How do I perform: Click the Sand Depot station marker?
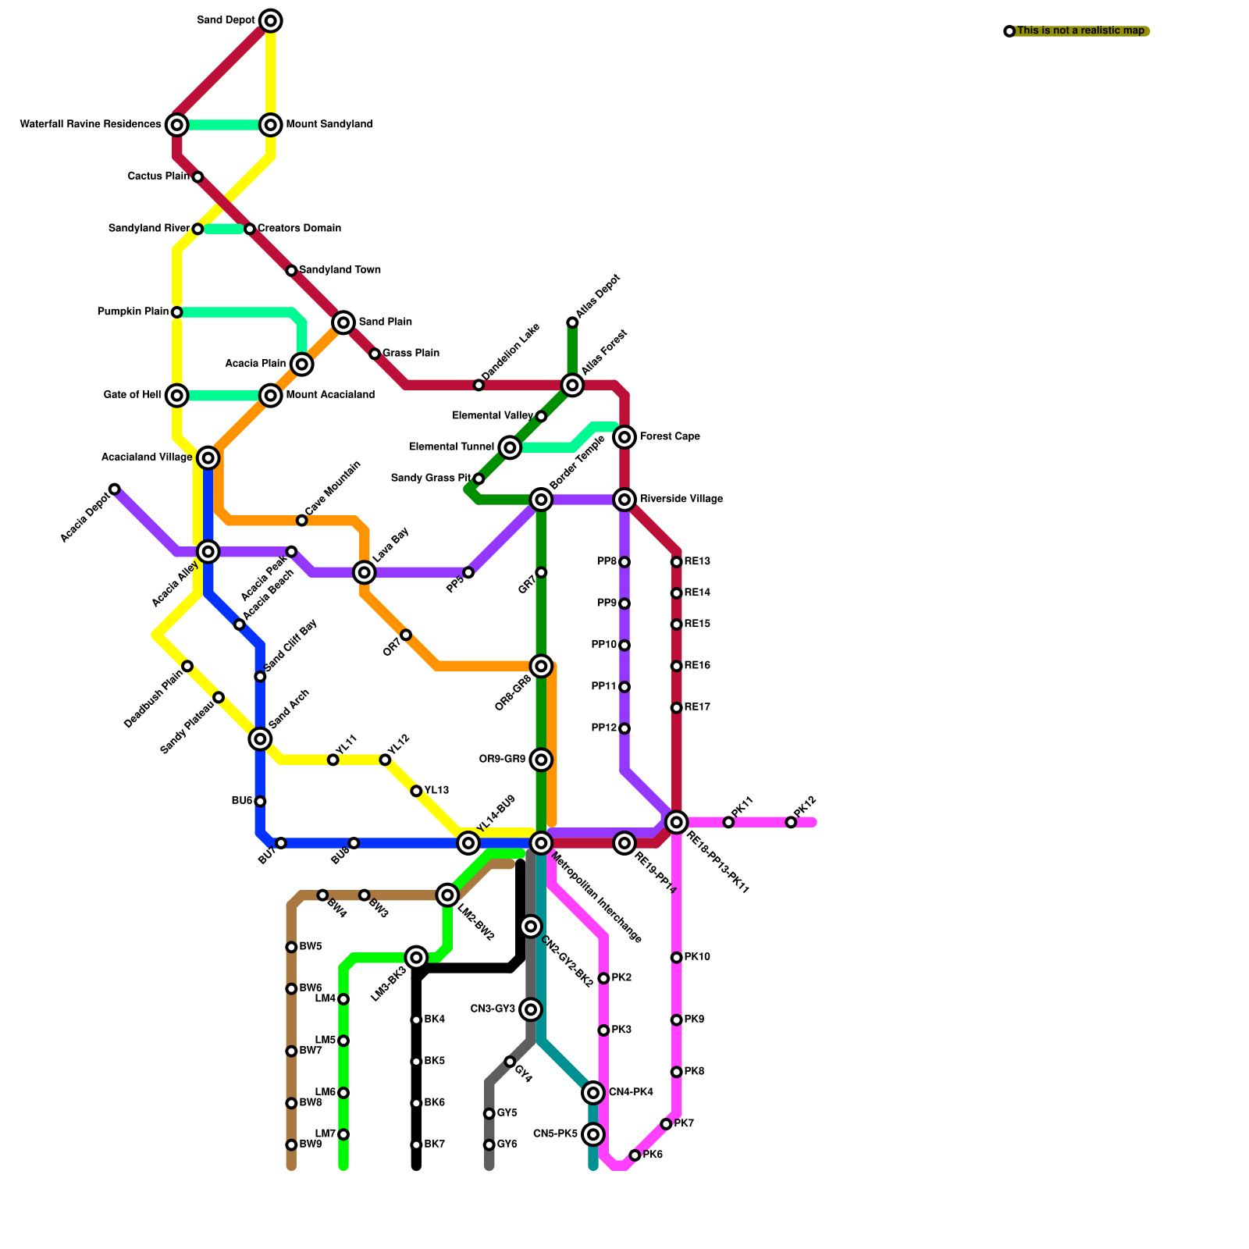[x=270, y=20]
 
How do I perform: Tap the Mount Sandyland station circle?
[x=270, y=124]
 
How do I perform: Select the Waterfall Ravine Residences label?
[x=90, y=124]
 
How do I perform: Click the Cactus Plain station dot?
[x=197, y=177]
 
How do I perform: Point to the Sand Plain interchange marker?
[x=343, y=322]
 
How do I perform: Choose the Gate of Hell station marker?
[x=177, y=395]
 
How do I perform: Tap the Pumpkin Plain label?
[x=132, y=312]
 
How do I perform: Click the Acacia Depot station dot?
[x=115, y=489]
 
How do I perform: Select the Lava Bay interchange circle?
[x=364, y=572]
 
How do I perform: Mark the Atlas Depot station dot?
[x=572, y=322]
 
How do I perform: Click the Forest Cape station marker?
[x=624, y=437]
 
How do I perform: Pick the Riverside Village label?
[x=681, y=499]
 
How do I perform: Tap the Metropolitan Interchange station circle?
[x=541, y=842]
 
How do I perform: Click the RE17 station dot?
[x=676, y=708]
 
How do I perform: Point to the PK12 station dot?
[x=791, y=822]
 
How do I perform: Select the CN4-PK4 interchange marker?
[x=593, y=1093]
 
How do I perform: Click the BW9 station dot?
[x=291, y=1145]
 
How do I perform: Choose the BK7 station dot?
[x=416, y=1145]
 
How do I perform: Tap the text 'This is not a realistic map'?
[x=1080, y=31]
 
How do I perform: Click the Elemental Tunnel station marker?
[x=510, y=447]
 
